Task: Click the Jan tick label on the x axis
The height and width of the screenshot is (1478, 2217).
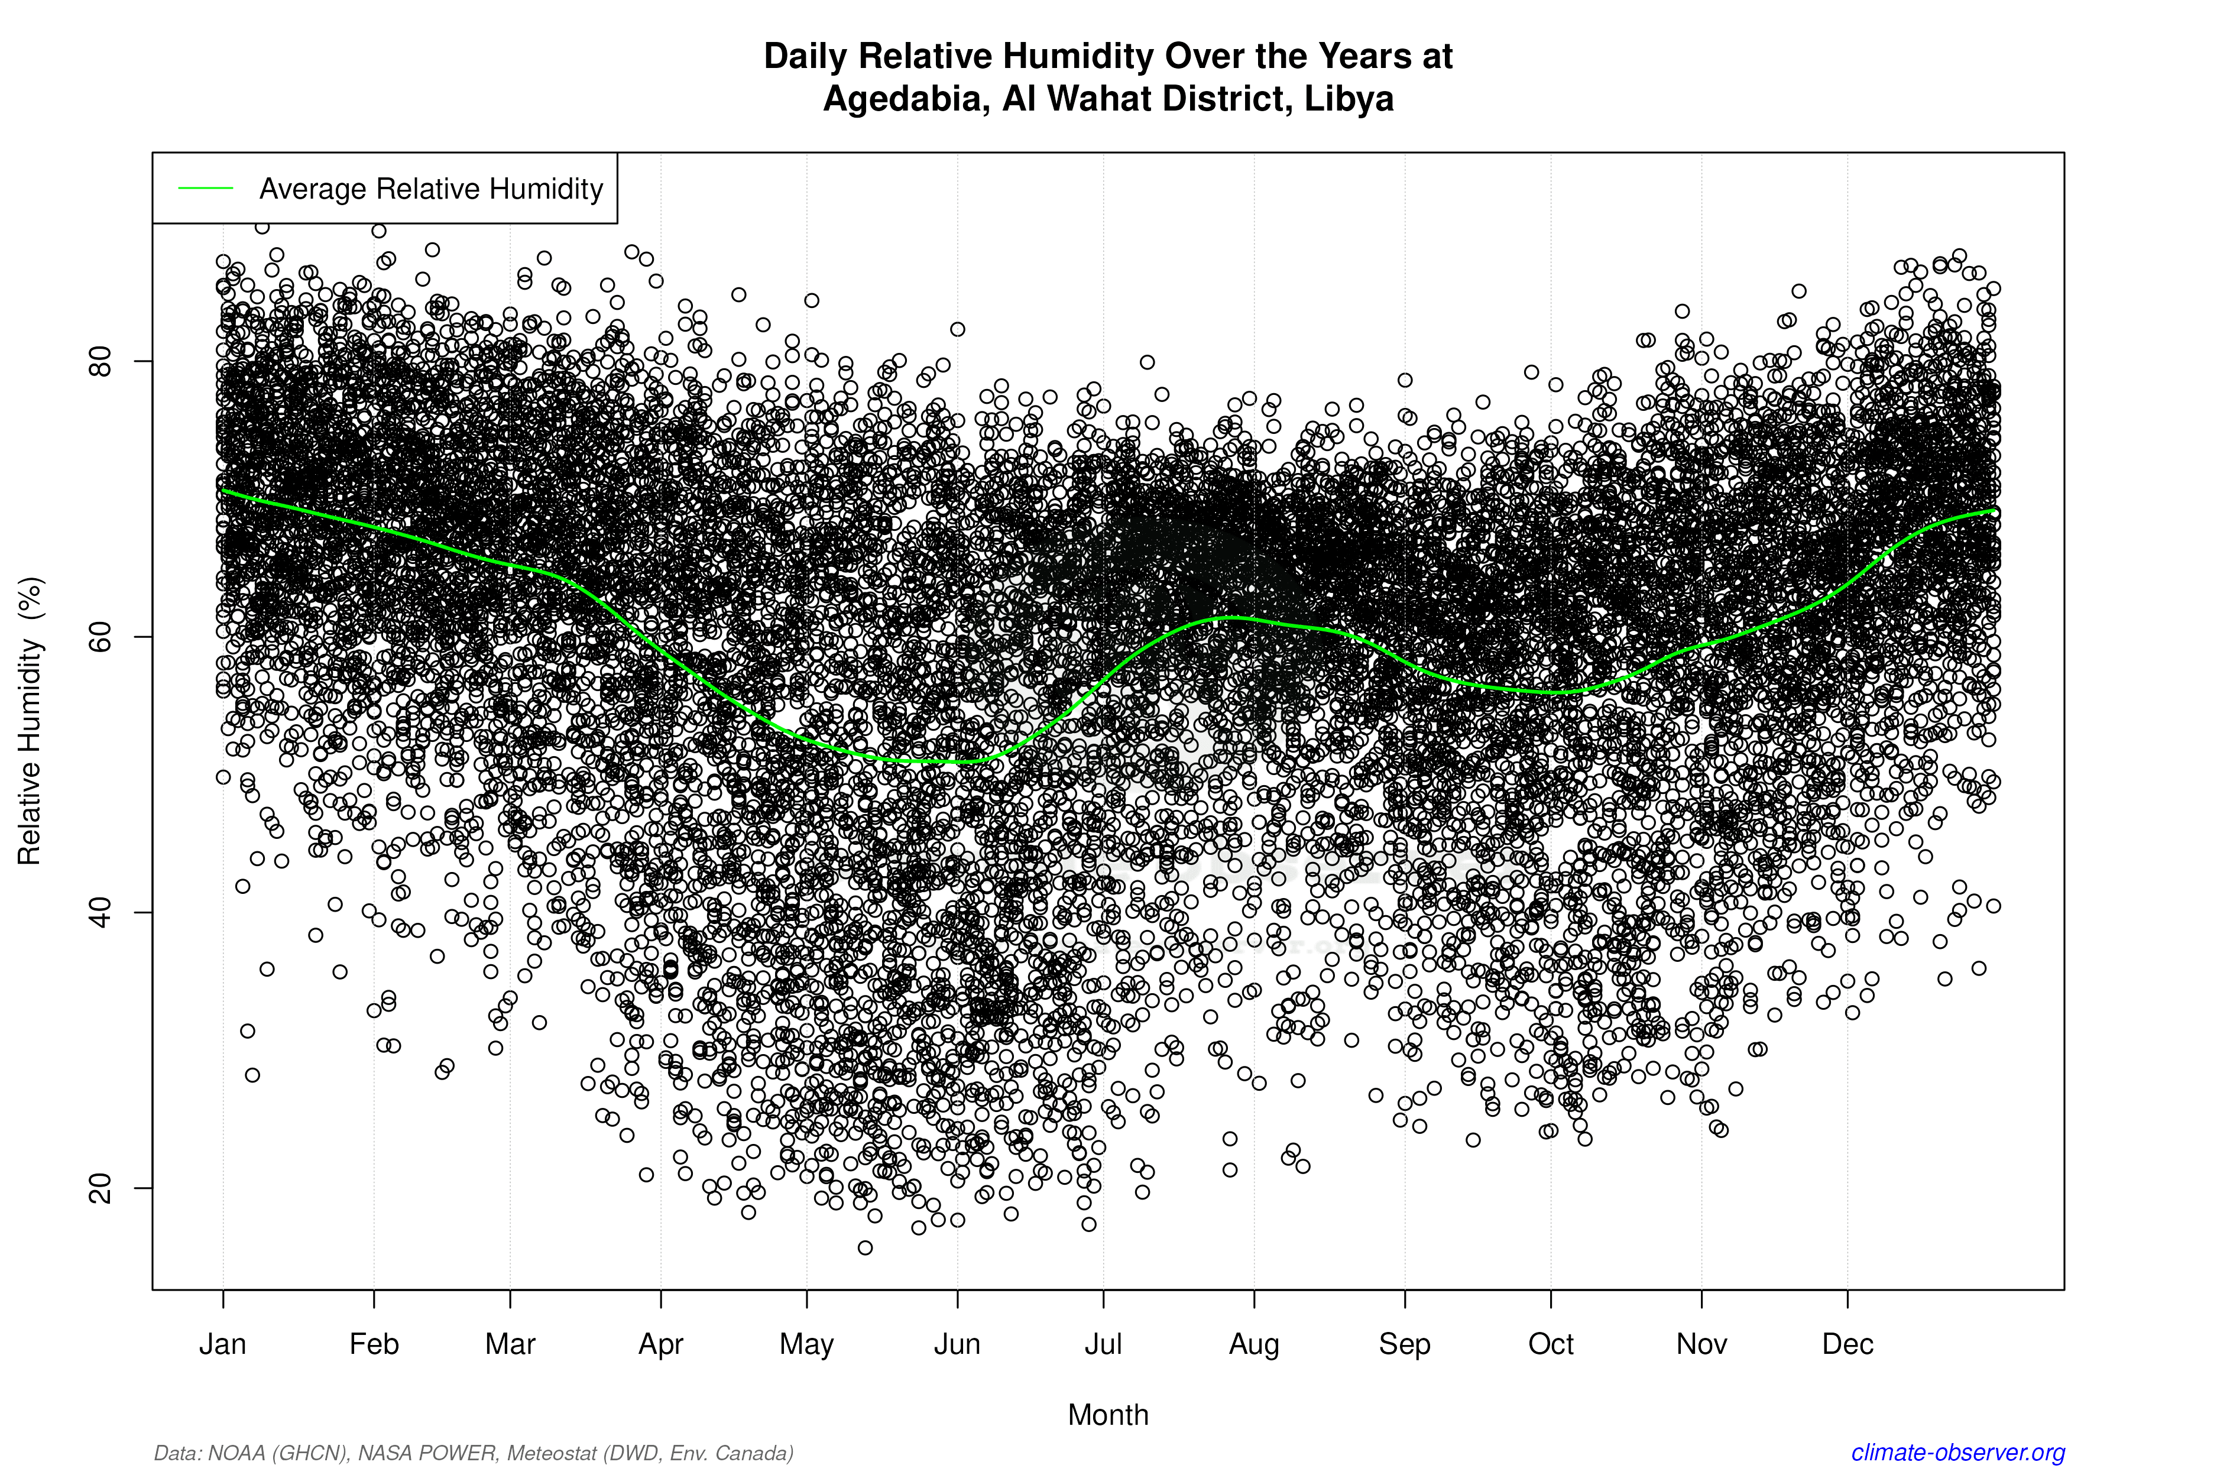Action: pyautogui.click(x=222, y=1344)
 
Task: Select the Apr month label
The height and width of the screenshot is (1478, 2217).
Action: pyautogui.click(x=661, y=1344)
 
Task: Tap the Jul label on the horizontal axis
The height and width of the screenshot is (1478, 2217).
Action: pyautogui.click(x=1103, y=1344)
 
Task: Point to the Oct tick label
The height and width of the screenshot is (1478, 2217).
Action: pyautogui.click(x=1551, y=1344)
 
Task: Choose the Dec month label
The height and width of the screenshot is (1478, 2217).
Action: pyautogui.click(x=1847, y=1344)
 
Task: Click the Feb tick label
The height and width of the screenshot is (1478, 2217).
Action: pyautogui.click(x=374, y=1344)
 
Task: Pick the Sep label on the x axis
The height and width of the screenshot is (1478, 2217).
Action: pyautogui.click(x=1405, y=1344)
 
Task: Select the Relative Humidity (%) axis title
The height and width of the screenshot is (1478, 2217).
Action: pyautogui.click(x=30, y=721)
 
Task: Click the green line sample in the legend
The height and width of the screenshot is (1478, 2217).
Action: pyautogui.click(x=206, y=189)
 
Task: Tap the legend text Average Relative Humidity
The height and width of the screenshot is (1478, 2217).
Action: pyautogui.click(x=431, y=189)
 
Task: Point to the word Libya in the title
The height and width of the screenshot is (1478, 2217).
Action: pyautogui.click(x=1349, y=98)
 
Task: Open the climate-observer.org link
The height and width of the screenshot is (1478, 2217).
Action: pyautogui.click(x=1958, y=1453)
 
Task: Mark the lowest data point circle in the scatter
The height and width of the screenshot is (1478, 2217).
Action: pyautogui.click(x=866, y=1248)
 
